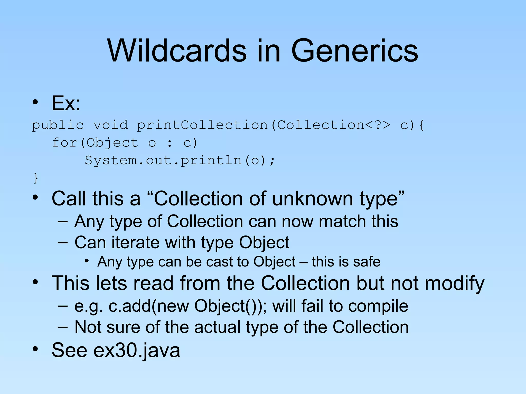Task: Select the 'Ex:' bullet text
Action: coord(66,103)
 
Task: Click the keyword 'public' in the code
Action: coord(58,125)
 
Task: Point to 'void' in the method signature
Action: coord(110,125)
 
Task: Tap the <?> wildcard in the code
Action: coord(378,125)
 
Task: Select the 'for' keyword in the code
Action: coord(64,143)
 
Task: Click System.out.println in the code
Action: coord(163,161)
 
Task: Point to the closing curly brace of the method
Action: coord(36,178)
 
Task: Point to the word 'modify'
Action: coord(454,283)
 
